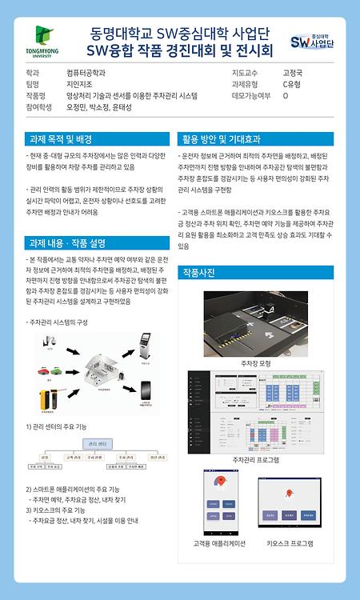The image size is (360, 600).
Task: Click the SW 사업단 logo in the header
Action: coord(311,42)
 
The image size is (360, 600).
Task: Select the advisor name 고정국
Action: coord(293,72)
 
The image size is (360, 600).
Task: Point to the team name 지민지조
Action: coord(80,83)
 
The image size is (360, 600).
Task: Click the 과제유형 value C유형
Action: coord(291,83)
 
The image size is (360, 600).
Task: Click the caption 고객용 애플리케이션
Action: coord(219,543)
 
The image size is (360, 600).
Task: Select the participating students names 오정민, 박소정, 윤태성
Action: coord(99,106)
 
